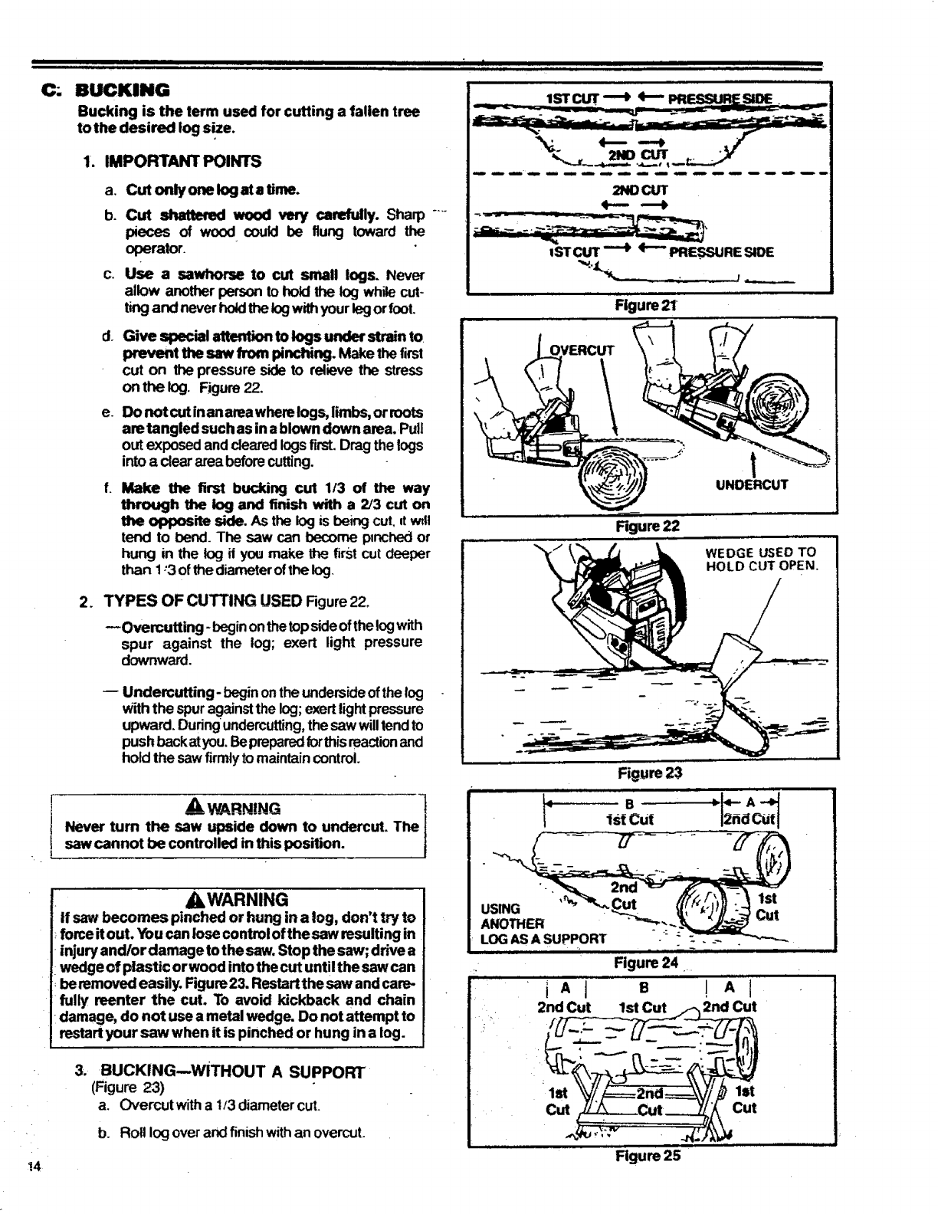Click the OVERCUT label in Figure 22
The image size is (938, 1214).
point(583,351)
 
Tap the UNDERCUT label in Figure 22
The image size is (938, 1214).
point(753,484)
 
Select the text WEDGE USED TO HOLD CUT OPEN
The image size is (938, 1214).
point(761,559)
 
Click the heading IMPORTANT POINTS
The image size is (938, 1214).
point(182,161)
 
